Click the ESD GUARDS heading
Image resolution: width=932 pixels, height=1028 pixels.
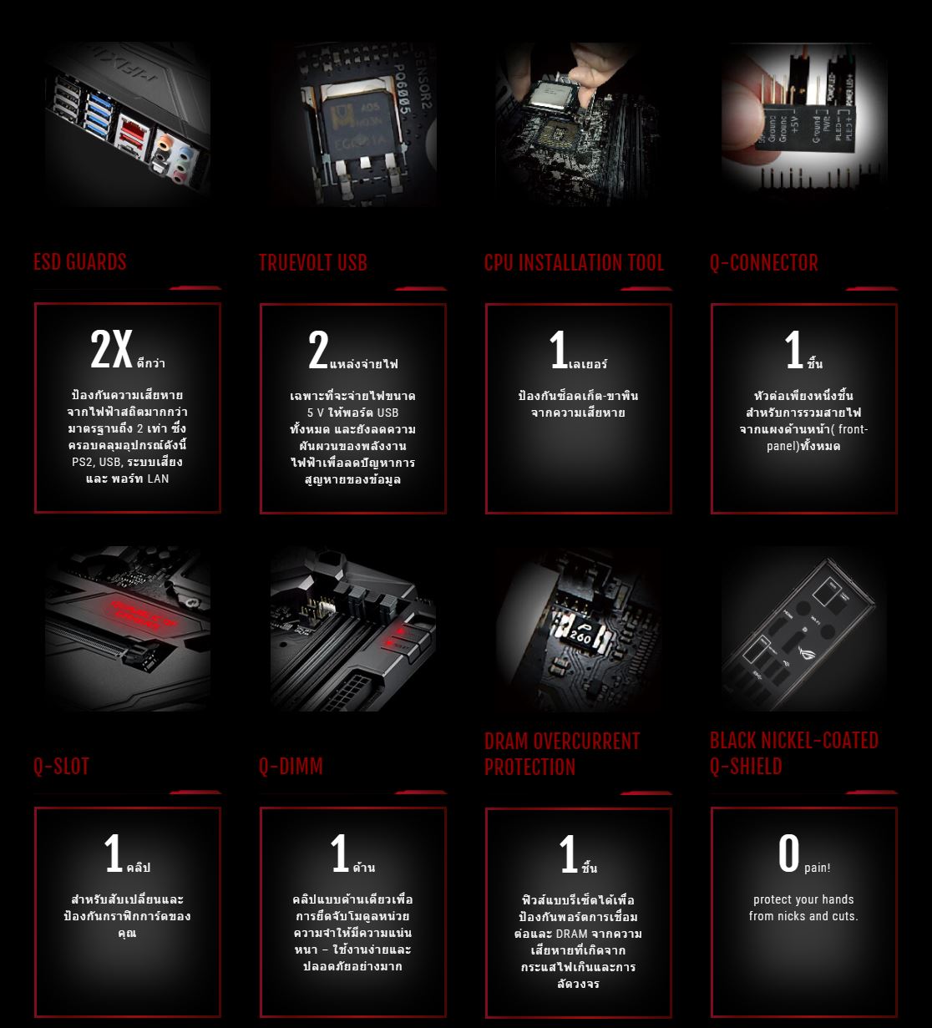(x=80, y=262)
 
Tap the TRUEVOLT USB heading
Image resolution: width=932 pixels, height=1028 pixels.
(x=312, y=263)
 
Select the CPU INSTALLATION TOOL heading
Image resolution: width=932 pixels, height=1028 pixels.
(x=574, y=263)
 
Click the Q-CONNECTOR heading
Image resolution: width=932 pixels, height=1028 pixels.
(x=763, y=263)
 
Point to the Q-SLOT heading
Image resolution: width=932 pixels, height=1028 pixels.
(x=61, y=767)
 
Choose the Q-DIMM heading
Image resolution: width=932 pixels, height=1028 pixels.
(x=291, y=767)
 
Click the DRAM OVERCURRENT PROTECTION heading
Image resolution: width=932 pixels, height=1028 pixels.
(x=562, y=754)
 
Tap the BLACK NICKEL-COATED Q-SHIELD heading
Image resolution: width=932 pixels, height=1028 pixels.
(x=793, y=753)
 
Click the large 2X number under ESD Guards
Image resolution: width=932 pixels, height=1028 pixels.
(x=111, y=350)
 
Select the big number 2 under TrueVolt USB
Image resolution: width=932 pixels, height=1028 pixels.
(x=318, y=351)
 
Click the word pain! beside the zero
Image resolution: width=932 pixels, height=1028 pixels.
(x=818, y=868)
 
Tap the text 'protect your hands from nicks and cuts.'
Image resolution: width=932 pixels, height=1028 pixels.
(x=803, y=908)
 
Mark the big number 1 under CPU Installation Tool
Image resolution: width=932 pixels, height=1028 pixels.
(x=558, y=351)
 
